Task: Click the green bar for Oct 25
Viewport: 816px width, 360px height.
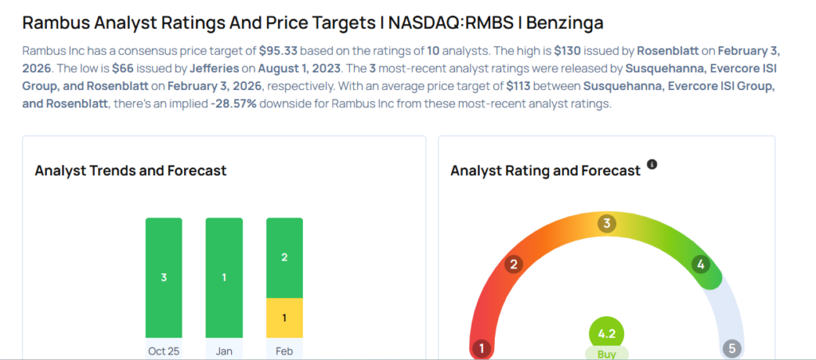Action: (x=163, y=277)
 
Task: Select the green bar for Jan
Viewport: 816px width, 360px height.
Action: (x=224, y=277)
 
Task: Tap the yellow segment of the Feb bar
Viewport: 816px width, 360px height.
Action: (x=284, y=318)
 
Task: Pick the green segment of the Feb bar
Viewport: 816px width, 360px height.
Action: (x=284, y=257)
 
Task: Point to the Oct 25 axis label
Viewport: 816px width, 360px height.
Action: (x=163, y=351)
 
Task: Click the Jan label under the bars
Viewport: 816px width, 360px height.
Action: (x=224, y=351)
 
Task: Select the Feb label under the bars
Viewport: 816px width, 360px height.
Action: (x=284, y=351)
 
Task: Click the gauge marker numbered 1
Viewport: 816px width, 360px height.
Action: (x=481, y=348)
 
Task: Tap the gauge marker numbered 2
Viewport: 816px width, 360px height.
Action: (x=515, y=264)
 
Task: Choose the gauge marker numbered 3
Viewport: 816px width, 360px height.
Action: (x=606, y=224)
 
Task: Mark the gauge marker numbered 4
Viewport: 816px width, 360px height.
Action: (x=701, y=264)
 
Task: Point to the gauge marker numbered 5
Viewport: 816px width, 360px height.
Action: (x=732, y=348)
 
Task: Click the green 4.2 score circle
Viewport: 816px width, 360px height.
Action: (x=606, y=334)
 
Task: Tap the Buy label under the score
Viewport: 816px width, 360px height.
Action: (x=606, y=353)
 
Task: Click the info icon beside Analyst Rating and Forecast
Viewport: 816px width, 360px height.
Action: (x=652, y=164)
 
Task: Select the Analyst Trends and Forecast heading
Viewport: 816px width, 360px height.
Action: (x=131, y=170)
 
